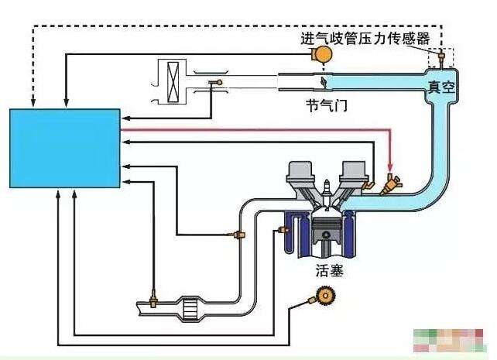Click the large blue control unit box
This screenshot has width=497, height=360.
point(64,148)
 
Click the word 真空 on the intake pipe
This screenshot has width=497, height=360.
point(441,88)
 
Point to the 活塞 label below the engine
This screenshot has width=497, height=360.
point(329,271)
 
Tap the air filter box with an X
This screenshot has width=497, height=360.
point(172,81)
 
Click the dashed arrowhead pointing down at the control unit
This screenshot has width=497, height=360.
point(33,103)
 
